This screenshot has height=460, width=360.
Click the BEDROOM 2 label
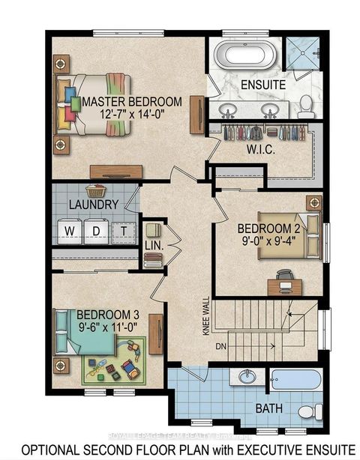[x=268, y=228]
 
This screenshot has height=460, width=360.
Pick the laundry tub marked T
[x=121, y=229]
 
